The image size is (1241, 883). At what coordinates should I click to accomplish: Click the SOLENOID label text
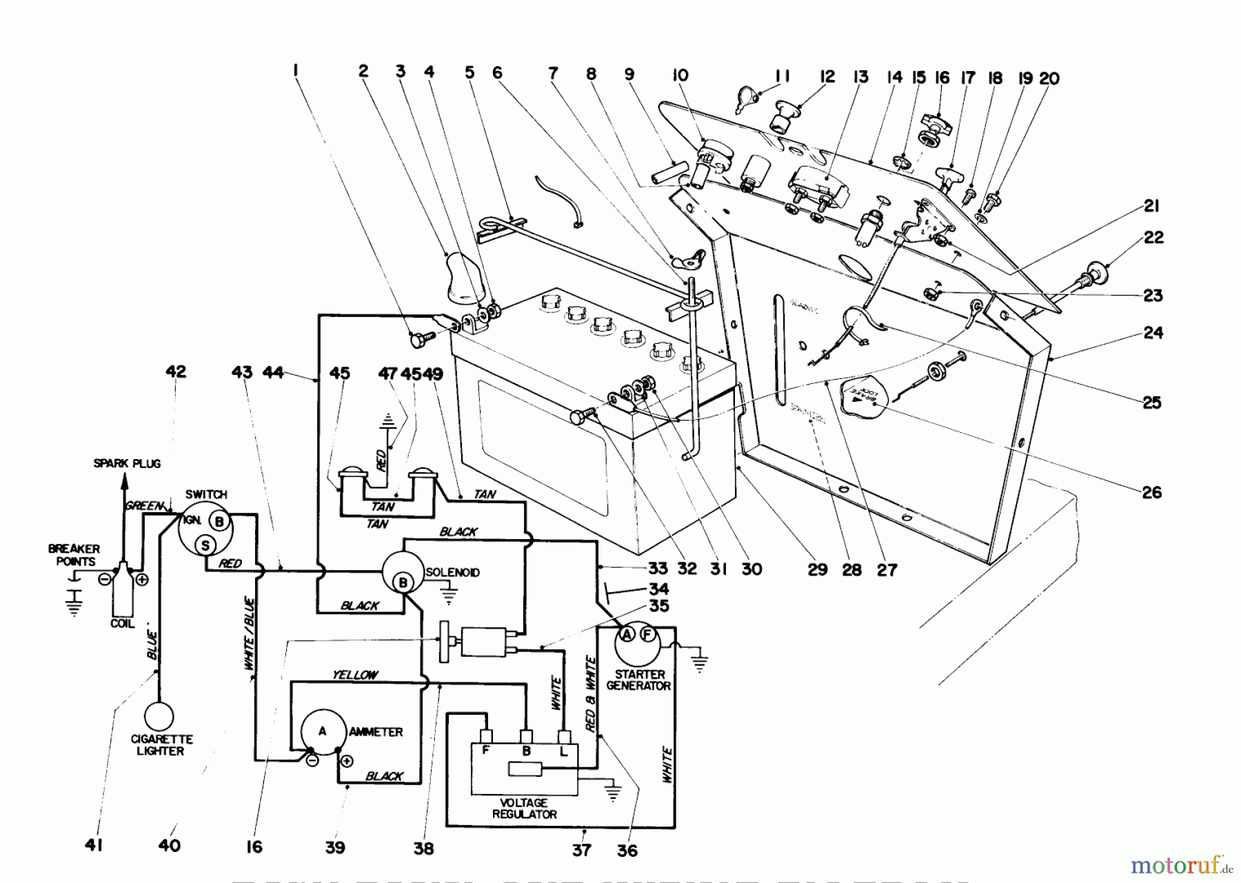pos(452,573)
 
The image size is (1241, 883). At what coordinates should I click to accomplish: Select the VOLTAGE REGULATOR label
pos(525,809)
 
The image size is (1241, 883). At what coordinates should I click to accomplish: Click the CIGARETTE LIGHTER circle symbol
pos(159,716)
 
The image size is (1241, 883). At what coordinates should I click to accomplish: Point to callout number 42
pos(176,372)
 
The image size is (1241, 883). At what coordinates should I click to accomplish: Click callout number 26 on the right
pos(1151,492)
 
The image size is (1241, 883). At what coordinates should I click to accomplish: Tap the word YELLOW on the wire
pos(354,675)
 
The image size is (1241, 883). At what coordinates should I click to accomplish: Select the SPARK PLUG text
pos(127,464)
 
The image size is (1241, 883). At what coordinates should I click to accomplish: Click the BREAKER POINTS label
pos(74,555)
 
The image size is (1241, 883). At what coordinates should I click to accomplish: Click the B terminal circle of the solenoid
pos(403,583)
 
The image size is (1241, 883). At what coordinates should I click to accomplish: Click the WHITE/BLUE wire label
pos(250,634)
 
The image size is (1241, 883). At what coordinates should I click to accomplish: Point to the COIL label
pos(123,623)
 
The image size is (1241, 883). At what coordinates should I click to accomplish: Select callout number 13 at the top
pos(861,77)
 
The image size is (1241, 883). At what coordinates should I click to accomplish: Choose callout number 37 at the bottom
pos(582,850)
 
